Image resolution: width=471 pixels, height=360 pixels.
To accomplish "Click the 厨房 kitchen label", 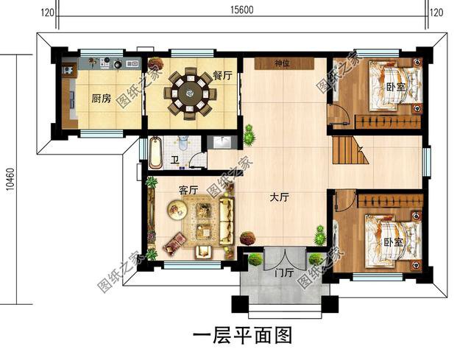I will [102, 99].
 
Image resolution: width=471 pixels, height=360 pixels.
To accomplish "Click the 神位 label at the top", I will [282, 63].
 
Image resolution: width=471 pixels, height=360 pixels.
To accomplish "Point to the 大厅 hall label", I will [279, 197].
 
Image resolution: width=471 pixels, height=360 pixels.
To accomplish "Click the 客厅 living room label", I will [188, 190].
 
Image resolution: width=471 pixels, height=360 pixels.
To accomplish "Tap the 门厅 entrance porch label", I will [283, 272].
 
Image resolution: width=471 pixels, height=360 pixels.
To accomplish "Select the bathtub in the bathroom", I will [156, 152].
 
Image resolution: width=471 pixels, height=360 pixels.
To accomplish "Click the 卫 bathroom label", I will [175, 160].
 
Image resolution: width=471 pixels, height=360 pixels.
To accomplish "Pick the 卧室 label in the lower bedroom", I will [392, 242].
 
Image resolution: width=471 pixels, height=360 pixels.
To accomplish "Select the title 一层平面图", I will [242, 335].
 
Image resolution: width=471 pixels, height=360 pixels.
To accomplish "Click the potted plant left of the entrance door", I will [255, 259].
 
